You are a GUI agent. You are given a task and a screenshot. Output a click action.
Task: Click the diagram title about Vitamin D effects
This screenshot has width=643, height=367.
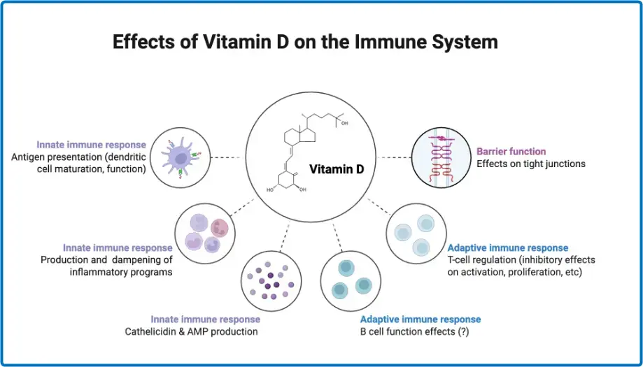[305, 43]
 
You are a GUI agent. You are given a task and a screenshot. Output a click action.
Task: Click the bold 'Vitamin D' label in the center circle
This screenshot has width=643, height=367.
[337, 169]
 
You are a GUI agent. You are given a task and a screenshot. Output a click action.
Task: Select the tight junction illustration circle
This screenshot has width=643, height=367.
[441, 157]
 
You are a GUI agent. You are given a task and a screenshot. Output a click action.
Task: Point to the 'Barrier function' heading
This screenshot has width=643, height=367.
[511, 152]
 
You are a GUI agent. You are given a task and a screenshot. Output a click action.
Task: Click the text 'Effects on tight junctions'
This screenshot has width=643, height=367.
[530, 164]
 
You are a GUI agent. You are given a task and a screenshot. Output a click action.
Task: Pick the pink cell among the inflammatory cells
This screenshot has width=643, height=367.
[219, 227]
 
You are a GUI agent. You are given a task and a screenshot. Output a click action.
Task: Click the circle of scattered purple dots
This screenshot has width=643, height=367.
[271, 281]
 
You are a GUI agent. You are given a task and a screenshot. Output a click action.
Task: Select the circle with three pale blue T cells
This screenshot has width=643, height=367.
[416, 233]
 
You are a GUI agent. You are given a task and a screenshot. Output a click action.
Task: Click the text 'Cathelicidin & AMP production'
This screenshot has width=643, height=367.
[192, 331]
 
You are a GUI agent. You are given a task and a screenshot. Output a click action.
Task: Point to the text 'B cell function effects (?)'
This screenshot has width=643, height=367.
[414, 331]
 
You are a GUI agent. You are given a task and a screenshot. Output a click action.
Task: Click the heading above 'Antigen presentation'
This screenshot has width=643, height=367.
[91, 145]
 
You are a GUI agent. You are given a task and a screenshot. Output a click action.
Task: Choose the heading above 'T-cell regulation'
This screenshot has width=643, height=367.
[508, 247]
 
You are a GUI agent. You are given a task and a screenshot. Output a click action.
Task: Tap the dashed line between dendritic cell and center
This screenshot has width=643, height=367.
[227, 157]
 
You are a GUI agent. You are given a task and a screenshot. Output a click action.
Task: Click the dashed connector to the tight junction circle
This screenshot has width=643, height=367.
[394, 157]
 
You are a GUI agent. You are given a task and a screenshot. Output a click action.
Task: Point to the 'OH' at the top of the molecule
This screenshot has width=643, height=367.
[344, 122]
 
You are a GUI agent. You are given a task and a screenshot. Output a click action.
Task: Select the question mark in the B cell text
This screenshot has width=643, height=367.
[462, 331]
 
